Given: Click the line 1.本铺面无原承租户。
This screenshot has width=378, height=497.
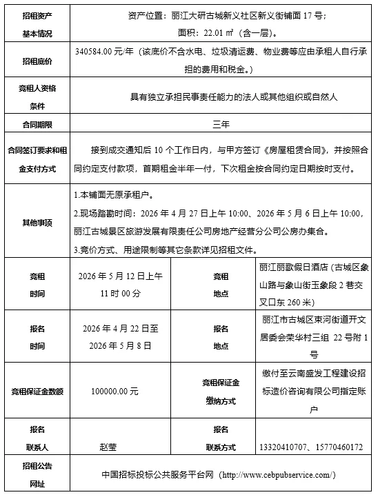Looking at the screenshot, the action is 115,196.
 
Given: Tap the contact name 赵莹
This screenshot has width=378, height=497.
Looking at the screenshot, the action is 109,447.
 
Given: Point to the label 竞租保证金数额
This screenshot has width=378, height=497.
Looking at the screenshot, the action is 37,391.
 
